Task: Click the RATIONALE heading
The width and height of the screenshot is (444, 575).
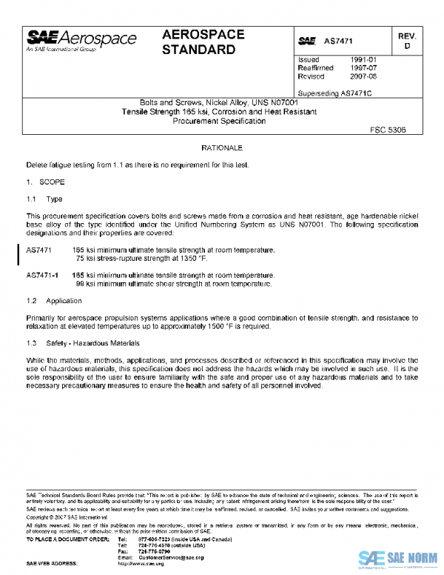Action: (222, 148)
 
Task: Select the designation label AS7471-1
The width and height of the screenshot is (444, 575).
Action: (42, 275)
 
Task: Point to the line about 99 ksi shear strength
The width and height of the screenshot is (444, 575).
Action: (174, 283)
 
